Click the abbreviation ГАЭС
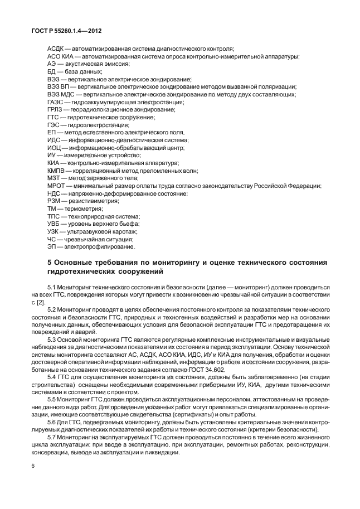[x=57, y=103]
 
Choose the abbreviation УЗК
[x=55, y=231]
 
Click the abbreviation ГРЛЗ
[x=57, y=110]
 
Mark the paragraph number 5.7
[x=52, y=438]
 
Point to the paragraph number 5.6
[x=52, y=423]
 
